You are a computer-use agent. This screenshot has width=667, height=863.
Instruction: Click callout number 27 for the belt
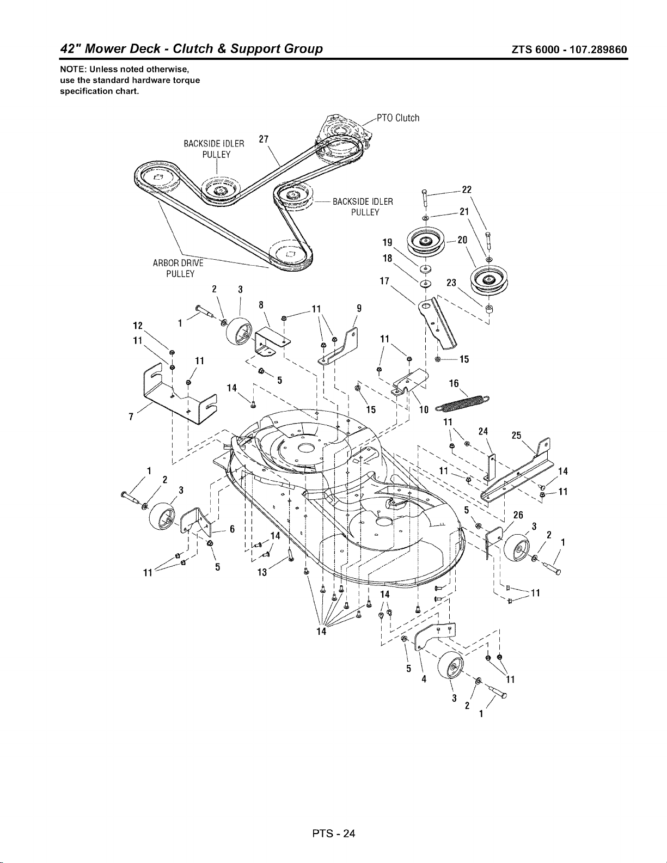(264, 139)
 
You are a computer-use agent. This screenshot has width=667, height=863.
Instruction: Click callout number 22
(466, 190)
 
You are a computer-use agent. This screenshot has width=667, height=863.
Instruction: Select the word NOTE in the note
(72, 69)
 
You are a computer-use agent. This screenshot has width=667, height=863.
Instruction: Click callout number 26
(518, 515)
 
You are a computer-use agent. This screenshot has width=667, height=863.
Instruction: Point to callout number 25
(517, 436)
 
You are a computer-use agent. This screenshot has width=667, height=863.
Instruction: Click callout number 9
(359, 308)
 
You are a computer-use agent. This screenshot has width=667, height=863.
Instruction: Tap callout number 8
(261, 305)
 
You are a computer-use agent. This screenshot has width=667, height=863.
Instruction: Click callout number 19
(387, 242)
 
